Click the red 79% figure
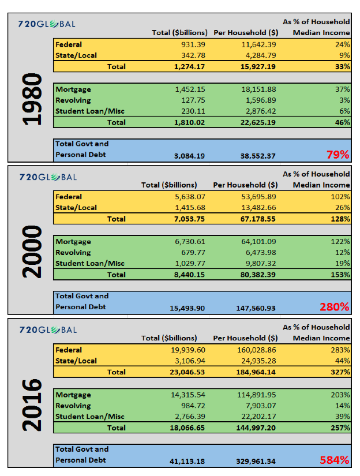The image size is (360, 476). click(338, 155)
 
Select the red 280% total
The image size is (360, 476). click(335, 307)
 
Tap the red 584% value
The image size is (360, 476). click(335, 460)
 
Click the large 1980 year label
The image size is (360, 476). click(32, 99)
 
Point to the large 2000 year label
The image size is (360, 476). click(32, 252)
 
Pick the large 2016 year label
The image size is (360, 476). click(32, 405)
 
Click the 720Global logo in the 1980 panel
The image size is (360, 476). click(47, 24)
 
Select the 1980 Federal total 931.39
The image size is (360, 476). click(193, 44)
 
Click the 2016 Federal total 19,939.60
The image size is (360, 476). click(188, 350)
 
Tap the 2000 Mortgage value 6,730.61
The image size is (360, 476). click(190, 242)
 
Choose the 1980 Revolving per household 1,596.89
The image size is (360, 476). click(261, 100)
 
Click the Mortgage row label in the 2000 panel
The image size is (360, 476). click(73, 242)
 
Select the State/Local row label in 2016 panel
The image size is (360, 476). click(76, 361)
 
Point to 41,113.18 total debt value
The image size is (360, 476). click(187, 462)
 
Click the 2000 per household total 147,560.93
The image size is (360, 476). click(256, 309)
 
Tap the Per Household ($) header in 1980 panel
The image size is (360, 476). click(246, 33)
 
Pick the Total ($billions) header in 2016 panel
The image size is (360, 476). click(169, 338)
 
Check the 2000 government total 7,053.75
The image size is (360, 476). click(189, 219)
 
